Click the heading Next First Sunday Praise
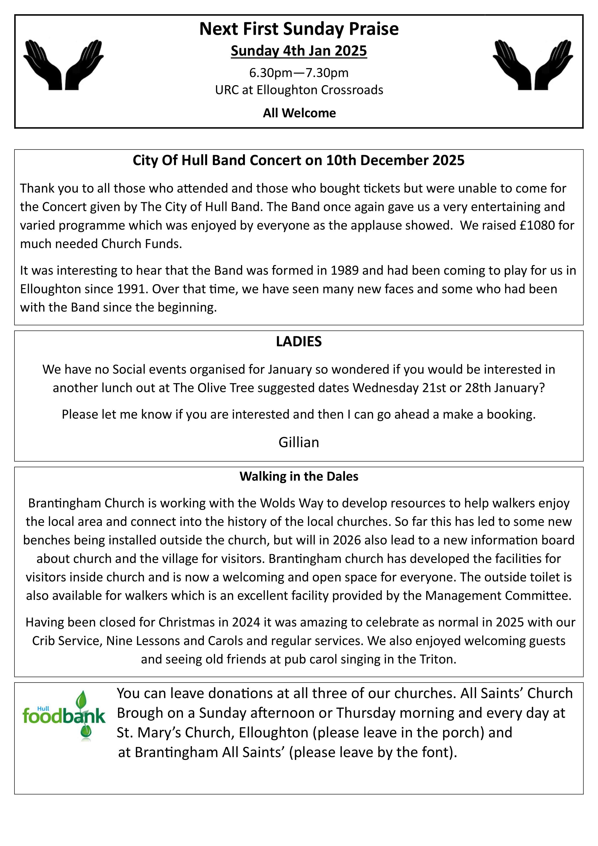click(299, 29)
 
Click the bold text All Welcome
click(299, 113)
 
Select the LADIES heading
click(299, 342)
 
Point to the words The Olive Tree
click(214, 388)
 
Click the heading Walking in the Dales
click(299, 476)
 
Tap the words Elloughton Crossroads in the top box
click(320, 90)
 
